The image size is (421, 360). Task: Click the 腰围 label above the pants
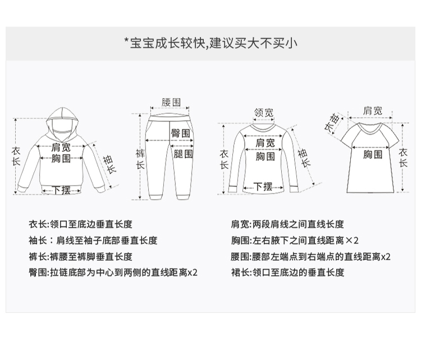click(171, 102)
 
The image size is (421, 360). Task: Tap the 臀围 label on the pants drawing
click(180, 133)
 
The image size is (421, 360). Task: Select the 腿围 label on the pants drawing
click(182, 153)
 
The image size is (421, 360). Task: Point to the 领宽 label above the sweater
click(264, 113)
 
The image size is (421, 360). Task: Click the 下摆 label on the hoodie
click(61, 190)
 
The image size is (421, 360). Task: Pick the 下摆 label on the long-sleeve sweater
click(263, 187)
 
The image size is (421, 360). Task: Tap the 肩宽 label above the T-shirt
click(373, 110)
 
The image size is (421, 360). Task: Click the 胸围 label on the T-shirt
click(373, 154)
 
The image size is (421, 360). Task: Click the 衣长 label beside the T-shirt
click(402, 158)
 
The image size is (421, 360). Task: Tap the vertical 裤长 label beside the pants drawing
click(140, 159)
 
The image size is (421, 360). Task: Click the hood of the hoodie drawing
click(61, 119)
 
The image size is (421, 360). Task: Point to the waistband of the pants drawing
click(171, 118)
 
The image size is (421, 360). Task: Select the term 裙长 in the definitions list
click(239, 273)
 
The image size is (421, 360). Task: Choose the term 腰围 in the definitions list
click(239, 256)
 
